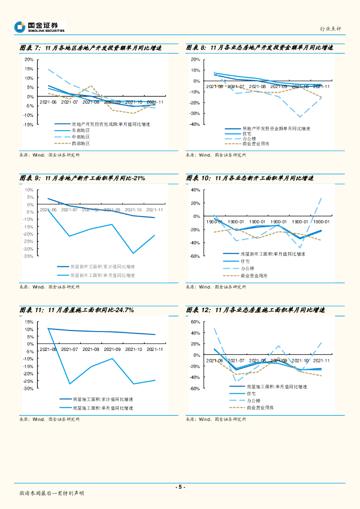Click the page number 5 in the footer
click(180, 487)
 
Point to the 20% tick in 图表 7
click(29, 60)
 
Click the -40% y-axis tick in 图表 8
click(194, 125)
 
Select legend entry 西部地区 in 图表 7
click(81, 143)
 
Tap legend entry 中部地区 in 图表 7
click(81, 137)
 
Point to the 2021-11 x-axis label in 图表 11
click(155, 349)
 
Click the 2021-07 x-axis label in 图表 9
click(70, 210)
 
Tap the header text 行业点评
click(330, 29)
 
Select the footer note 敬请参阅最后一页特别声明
click(52, 493)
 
